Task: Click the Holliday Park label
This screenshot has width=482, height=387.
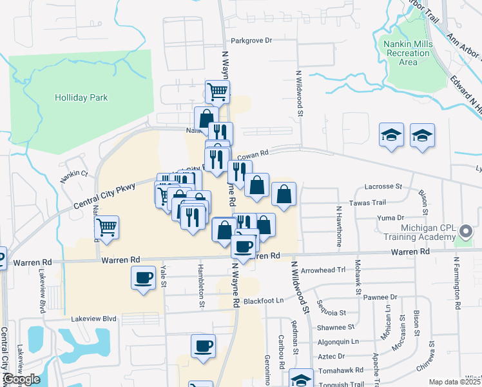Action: [81, 98]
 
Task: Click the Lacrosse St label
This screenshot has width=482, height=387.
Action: [383, 186]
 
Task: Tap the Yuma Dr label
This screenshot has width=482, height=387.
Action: [390, 218]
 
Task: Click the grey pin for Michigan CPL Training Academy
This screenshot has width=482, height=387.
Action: [468, 231]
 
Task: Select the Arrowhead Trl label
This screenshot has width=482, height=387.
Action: [323, 270]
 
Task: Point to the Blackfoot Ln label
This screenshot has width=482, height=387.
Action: [264, 301]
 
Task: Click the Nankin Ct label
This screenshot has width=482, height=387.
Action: [75, 174]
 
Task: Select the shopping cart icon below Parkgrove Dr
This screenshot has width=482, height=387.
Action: [218, 92]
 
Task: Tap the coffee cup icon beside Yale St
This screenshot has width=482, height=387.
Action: [144, 278]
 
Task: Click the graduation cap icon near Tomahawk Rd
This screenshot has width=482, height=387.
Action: [301, 379]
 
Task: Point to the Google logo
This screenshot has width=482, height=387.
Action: [21, 379]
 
